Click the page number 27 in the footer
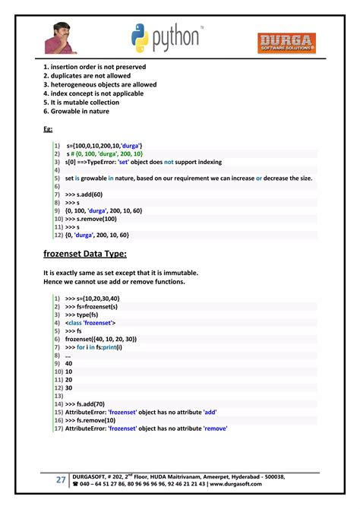tap(60, 480)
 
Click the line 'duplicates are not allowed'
tap(87, 76)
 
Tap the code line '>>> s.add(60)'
tap(87, 194)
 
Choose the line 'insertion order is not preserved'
tap(96, 67)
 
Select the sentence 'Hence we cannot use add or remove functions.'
tap(114, 282)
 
